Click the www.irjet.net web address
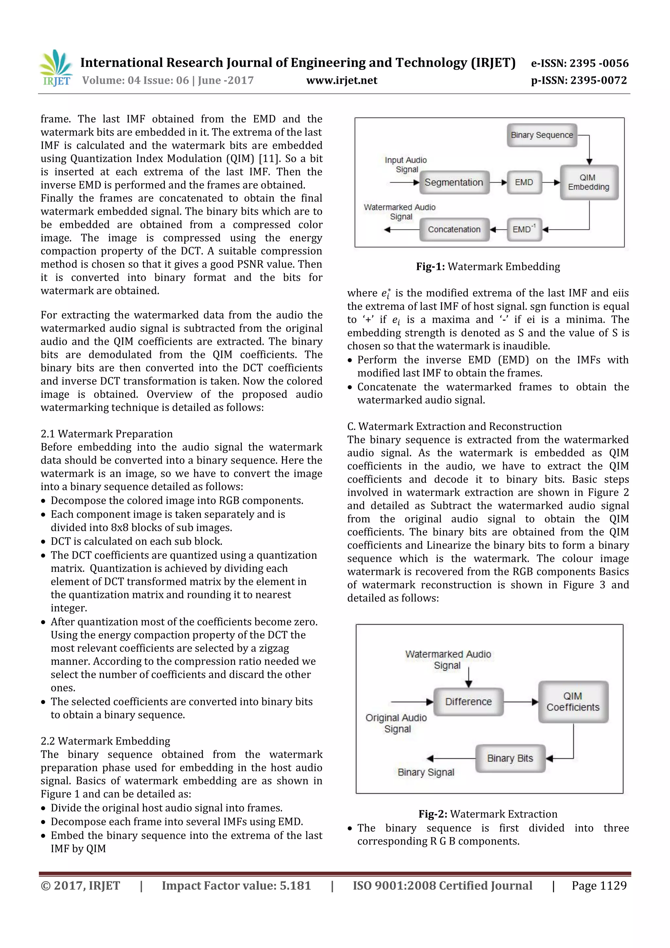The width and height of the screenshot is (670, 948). (x=342, y=80)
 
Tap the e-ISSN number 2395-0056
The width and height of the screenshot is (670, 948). (x=580, y=63)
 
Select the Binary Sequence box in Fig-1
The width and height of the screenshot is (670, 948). (x=542, y=135)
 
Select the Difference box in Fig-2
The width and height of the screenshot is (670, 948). (x=468, y=702)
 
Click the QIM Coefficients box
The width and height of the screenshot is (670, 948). (x=573, y=702)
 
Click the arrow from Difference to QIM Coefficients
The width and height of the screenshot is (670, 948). (x=521, y=702)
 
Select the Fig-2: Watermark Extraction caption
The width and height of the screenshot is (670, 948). (x=487, y=814)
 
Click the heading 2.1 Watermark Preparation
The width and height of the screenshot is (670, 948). (x=107, y=434)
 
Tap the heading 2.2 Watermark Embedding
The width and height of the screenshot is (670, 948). (x=105, y=741)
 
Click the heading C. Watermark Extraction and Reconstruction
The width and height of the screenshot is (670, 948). (x=454, y=426)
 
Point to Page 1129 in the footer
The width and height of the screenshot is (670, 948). (x=599, y=885)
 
